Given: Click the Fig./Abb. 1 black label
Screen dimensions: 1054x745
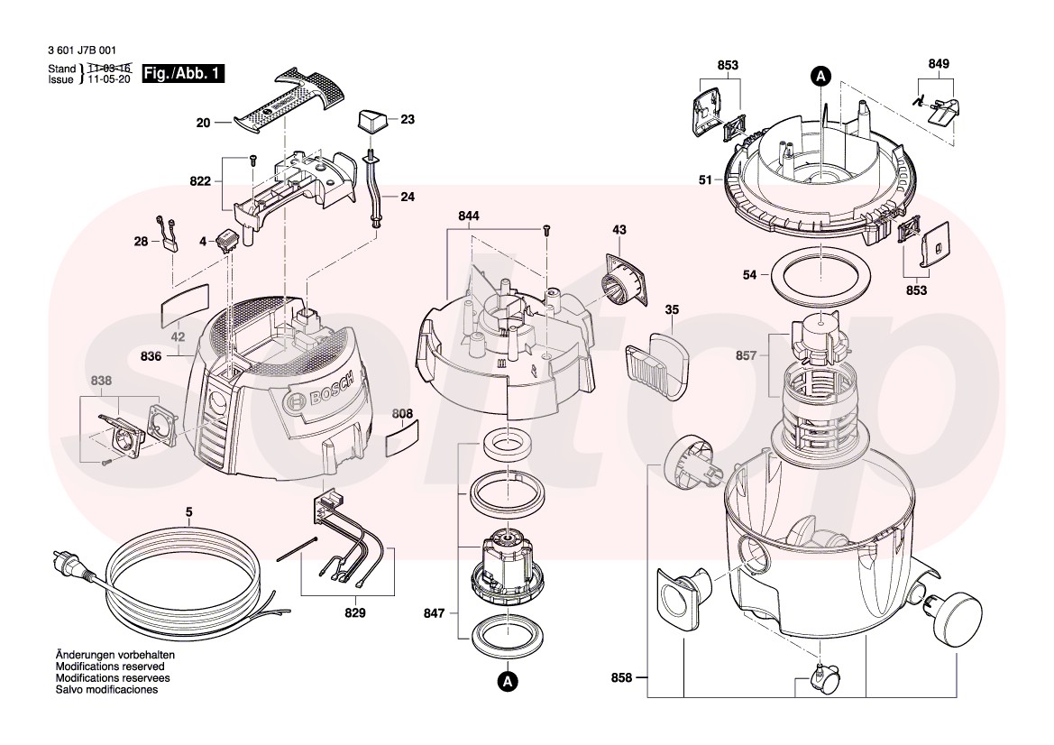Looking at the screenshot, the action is [x=183, y=74].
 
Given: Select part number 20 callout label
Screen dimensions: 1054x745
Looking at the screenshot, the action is [x=203, y=123].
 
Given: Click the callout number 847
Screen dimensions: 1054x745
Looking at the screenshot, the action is [x=435, y=613].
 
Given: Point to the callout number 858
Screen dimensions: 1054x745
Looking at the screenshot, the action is [x=622, y=677].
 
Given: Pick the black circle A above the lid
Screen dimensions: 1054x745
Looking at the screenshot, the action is [x=820, y=77].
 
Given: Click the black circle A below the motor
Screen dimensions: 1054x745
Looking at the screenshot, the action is [x=509, y=682].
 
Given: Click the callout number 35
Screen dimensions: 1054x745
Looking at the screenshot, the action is [x=673, y=310].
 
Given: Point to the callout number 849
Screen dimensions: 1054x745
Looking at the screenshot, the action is [x=939, y=64].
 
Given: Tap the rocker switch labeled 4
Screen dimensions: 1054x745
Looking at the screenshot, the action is [x=225, y=239].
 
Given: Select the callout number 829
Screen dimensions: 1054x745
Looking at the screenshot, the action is [x=355, y=613].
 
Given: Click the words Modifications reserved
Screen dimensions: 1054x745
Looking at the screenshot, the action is [x=110, y=667].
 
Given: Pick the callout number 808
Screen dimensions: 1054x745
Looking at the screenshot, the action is [x=403, y=414].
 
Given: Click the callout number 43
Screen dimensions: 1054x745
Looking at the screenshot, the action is [x=619, y=230].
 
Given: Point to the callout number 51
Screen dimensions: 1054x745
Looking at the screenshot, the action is [x=705, y=180].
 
